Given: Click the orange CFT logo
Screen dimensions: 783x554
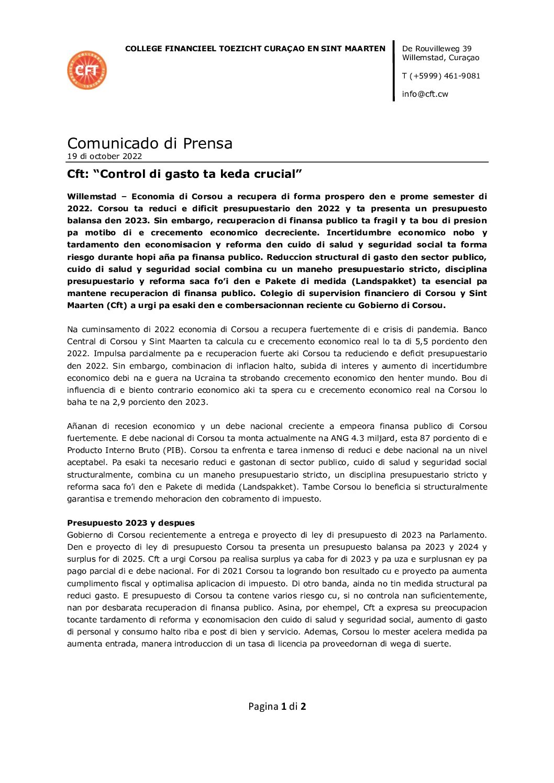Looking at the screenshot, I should pos(87,70).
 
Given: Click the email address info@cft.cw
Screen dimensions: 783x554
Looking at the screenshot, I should pos(425,94).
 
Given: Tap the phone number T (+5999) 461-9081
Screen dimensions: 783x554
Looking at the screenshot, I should pos(441,76).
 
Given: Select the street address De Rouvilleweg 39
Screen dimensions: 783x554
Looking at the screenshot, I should pos(437,49).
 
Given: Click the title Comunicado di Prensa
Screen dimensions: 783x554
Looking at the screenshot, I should pos(150,143).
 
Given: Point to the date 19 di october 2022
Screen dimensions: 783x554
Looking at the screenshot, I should pos(104,156).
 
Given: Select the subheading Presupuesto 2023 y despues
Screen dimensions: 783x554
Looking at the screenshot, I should pos(131,523).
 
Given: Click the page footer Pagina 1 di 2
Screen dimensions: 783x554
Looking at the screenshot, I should pos(277,707).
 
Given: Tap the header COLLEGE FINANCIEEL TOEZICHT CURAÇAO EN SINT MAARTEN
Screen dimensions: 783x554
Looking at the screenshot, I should pos(255,49).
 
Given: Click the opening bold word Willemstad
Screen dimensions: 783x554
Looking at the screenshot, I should pos(92,197).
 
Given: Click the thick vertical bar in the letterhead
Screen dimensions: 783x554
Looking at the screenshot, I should pos(394,71).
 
